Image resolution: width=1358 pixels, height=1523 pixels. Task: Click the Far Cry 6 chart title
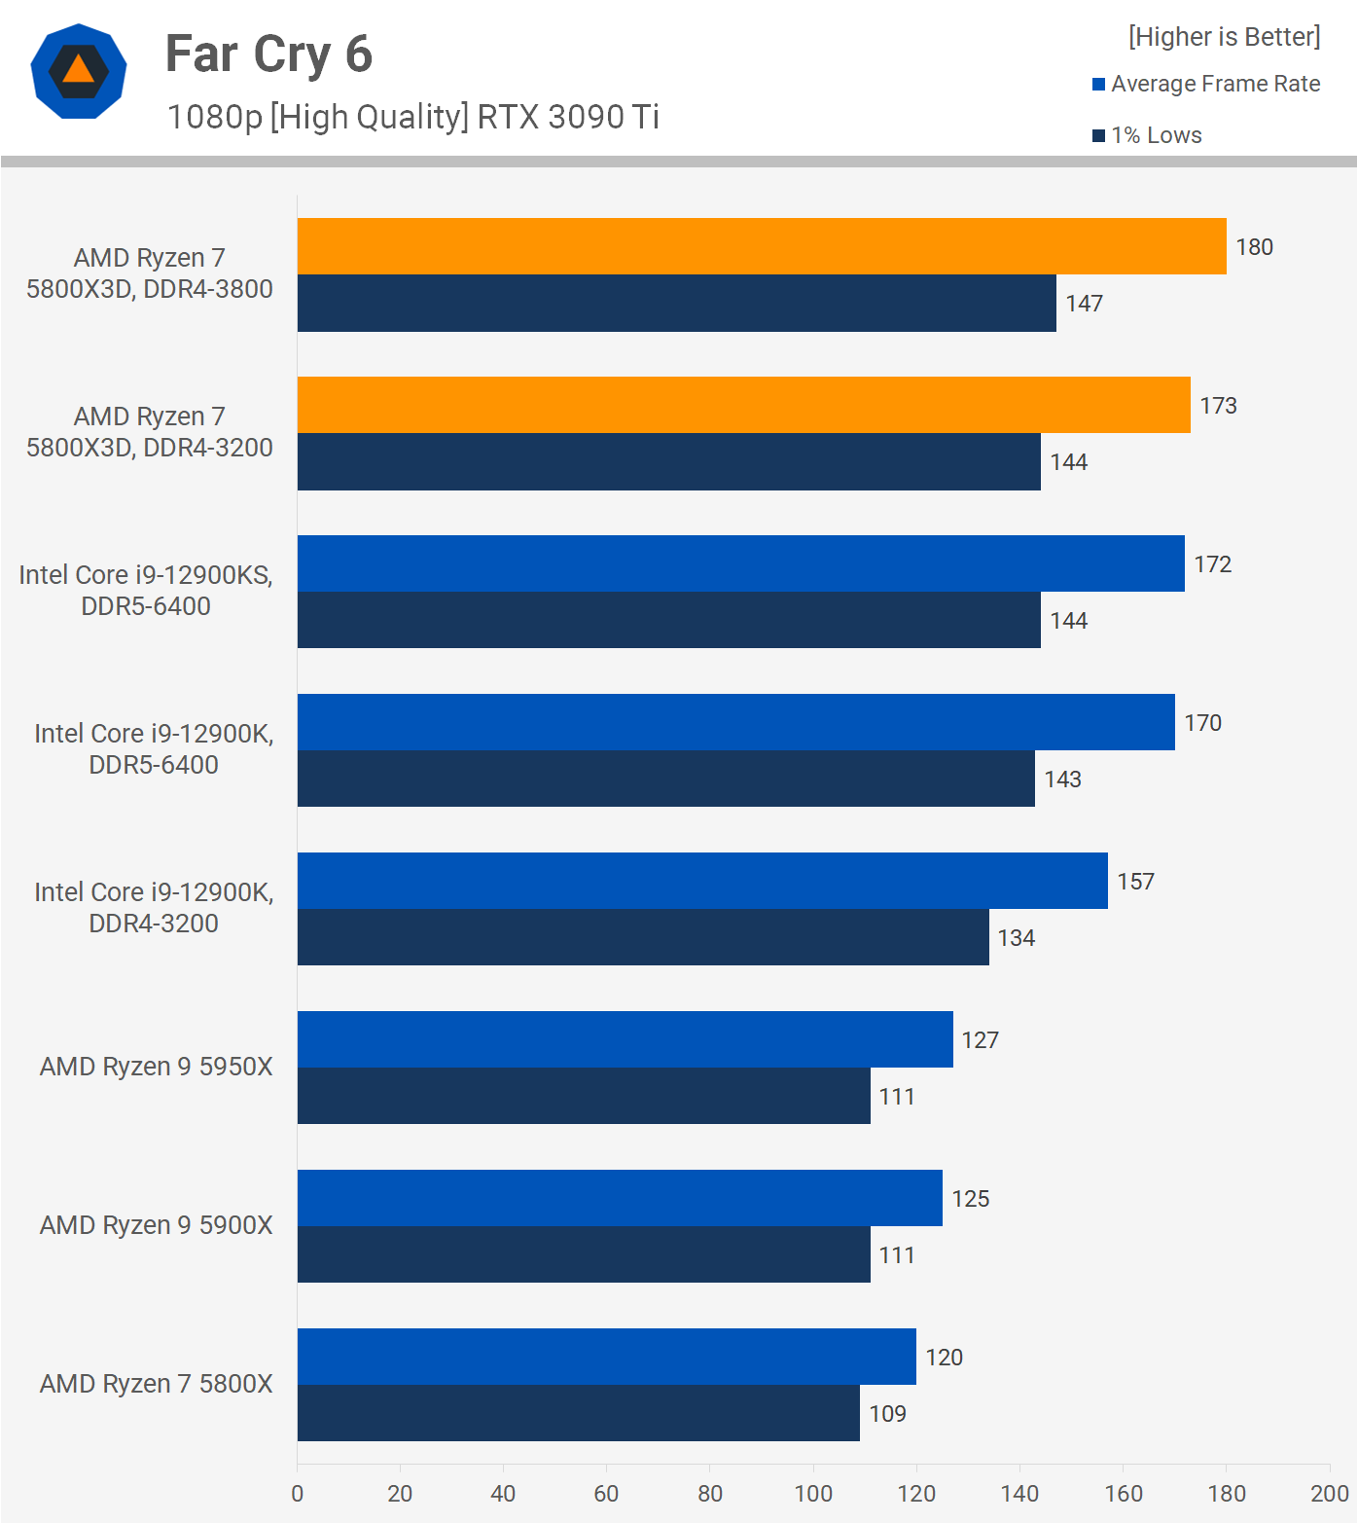pyautogui.click(x=268, y=54)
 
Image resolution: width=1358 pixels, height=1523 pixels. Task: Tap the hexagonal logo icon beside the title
pyautogui.click(x=79, y=72)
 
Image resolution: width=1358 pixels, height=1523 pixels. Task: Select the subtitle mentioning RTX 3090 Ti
pyautogui.click(x=412, y=117)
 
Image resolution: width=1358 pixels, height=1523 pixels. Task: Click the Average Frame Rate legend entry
pyautogui.click(x=1206, y=84)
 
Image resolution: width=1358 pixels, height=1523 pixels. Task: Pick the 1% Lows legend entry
pyautogui.click(x=1148, y=135)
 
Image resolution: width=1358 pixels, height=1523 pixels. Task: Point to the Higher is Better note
pyautogui.click(x=1224, y=37)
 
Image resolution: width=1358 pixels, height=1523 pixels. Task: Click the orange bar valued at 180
pyautogui.click(x=762, y=246)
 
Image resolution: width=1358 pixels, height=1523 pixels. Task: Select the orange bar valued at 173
pyautogui.click(x=744, y=405)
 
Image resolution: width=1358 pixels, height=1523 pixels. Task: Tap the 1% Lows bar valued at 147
pyautogui.click(x=677, y=304)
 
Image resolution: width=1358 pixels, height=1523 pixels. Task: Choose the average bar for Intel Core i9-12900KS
pyautogui.click(x=741, y=563)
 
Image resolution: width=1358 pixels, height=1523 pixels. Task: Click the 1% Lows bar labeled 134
pyautogui.click(x=643, y=937)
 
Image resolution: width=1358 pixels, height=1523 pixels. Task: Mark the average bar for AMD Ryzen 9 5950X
pyautogui.click(x=625, y=1039)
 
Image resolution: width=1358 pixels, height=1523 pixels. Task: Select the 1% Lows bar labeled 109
pyautogui.click(x=579, y=1413)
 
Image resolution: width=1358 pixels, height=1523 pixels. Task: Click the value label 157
pyautogui.click(x=1135, y=882)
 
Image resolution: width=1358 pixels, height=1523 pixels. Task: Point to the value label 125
pyautogui.click(x=970, y=1199)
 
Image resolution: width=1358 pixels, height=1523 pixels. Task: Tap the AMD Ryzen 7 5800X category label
pyautogui.click(x=156, y=1384)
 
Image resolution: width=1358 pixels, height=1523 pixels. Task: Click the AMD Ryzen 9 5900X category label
pyautogui.click(x=156, y=1225)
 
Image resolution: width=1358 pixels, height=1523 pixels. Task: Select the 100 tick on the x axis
pyautogui.click(x=813, y=1494)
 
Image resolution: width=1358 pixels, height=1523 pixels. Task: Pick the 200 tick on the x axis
pyautogui.click(x=1329, y=1494)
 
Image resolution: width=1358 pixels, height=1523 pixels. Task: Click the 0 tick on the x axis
pyautogui.click(x=298, y=1494)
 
